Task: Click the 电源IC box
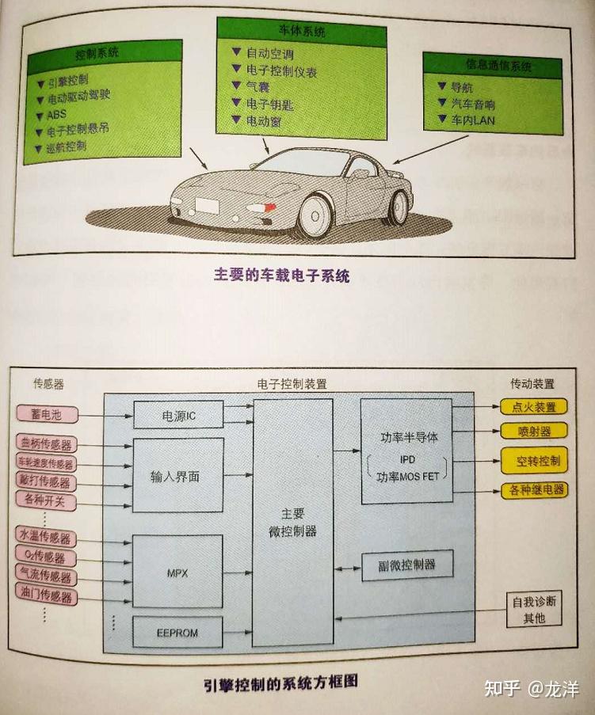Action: tap(178, 414)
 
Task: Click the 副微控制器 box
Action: tap(408, 565)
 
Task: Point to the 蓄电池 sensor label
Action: tap(44, 413)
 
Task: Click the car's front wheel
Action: tap(315, 215)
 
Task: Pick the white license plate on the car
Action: tap(208, 203)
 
